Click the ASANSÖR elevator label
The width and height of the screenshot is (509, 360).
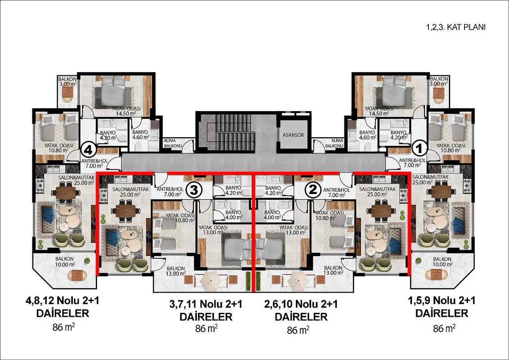click(293, 135)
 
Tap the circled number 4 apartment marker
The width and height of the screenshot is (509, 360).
click(89, 150)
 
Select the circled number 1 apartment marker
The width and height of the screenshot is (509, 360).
click(420, 149)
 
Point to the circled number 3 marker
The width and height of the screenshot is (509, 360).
click(194, 190)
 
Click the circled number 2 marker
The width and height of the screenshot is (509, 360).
click(313, 190)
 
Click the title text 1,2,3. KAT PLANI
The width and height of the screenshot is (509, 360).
click(456, 27)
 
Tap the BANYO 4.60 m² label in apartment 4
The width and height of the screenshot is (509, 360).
click(140, 135)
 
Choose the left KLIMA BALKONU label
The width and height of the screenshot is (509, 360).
click(172, 143)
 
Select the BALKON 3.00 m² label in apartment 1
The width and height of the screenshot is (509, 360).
click(439, 81)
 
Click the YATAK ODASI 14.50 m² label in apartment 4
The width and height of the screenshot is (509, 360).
click(126, 111)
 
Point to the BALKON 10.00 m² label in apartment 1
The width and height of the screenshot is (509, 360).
click(442, 261)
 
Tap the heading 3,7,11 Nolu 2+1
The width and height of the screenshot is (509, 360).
click(206, 305)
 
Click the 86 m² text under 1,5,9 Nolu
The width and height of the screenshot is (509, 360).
click(444, 328)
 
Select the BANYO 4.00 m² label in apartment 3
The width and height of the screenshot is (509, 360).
click(233, 215)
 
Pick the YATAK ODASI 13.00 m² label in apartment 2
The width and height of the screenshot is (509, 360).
click(294, 230)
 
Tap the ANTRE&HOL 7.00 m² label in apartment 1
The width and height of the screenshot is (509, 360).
click(412, 163)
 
